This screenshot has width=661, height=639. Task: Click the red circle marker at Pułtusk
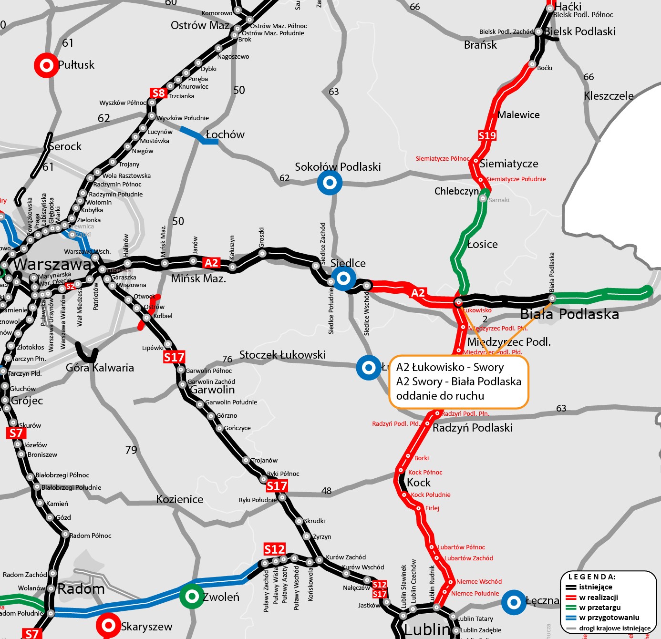(x=46, y=65)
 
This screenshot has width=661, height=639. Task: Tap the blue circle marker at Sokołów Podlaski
(x=330, y=182)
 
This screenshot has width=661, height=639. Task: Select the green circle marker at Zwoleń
(x=192, y=596)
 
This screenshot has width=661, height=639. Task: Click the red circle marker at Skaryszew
(x=108, y=625)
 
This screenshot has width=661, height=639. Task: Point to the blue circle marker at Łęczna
(x=514, y=602)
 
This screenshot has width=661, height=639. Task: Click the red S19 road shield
(x=487, y=136)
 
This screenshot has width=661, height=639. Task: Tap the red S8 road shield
(x=158, y=93)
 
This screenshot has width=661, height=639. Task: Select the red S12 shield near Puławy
(x=274, y=549)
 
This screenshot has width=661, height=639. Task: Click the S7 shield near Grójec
(x=16, y=433)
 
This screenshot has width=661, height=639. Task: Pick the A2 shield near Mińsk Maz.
(x=211, y=263)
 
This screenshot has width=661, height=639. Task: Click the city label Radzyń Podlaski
(x=472, y=428)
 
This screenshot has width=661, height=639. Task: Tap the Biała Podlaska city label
(x=569, y=314)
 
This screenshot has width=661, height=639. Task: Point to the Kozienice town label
(x=180, y=499)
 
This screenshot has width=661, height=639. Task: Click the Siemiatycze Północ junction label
(x=443, y=159)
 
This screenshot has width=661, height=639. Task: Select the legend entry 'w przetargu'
(x=599, y=608)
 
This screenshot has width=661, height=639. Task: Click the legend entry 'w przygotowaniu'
(x=609, y=618)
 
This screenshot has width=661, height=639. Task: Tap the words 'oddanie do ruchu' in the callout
(x=440, y=396)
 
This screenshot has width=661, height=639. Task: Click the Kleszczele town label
(x=609, y=96)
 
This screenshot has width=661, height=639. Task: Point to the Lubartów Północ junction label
(x=461, y=547)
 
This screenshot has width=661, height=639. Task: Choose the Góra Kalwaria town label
(x=100, y=368)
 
